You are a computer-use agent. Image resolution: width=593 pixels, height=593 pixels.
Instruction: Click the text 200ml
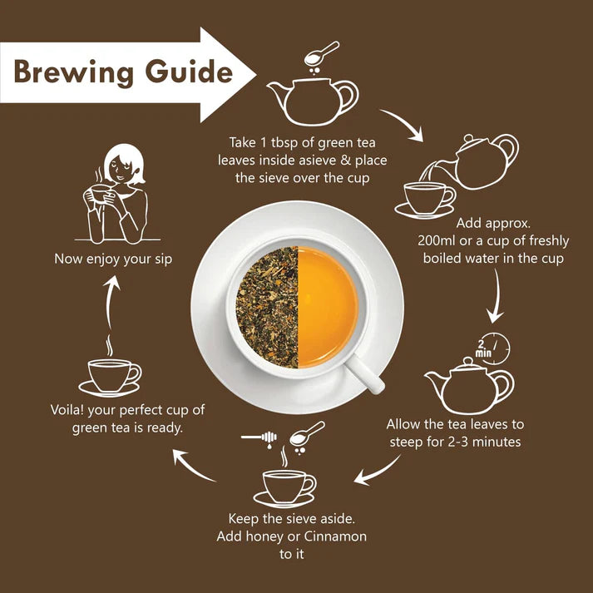pyautogui.click(x=439, y=240)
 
